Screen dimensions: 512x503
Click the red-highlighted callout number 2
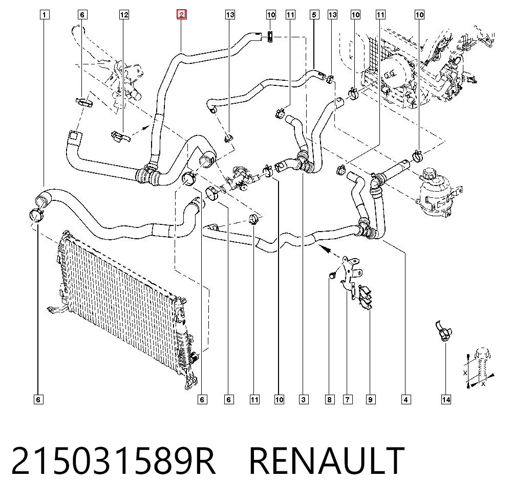[182, 14]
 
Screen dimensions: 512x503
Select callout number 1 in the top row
[45, 15]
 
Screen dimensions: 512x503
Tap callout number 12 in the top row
[124, 15]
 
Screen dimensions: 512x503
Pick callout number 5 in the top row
[314, 15]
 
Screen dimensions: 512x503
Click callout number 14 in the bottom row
[446, 399]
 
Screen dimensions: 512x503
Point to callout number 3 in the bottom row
[303, 399]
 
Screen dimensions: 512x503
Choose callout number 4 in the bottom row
[406, 399]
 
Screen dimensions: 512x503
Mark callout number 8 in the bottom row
[329, 399]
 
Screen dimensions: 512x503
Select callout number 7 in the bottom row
[348, 399]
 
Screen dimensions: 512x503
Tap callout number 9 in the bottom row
[370, 399]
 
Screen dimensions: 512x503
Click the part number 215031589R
[113, 461]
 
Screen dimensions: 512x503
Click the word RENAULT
[327, 461]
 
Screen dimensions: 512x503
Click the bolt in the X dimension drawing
[482, 365]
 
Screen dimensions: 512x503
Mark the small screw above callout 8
[331, 276]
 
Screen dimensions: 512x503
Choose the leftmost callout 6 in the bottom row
[38, 399]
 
